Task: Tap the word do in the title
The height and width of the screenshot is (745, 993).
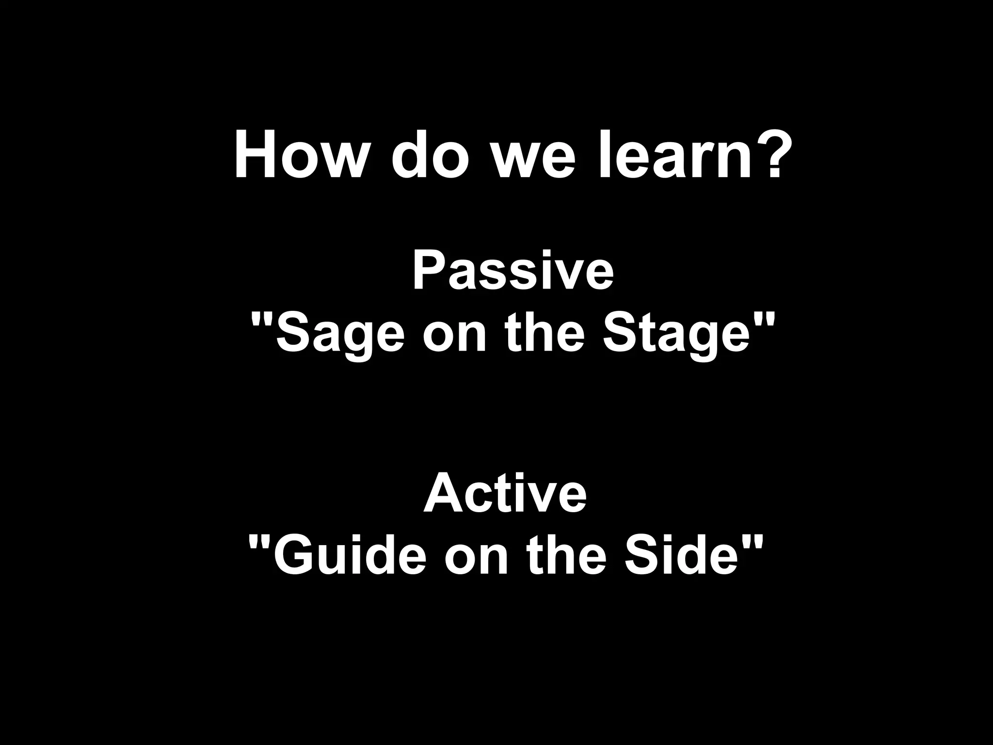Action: (x=431, y=154)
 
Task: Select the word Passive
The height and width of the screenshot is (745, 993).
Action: (x=513, y=272)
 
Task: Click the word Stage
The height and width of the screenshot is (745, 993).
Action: (x=676, y=335)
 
